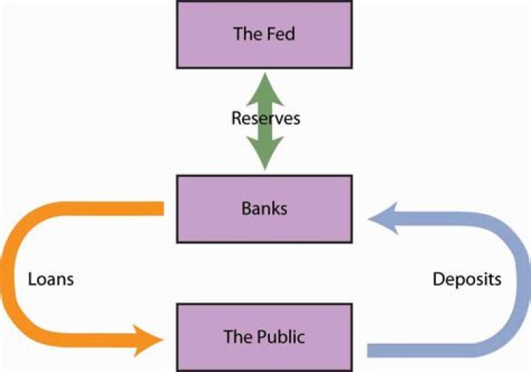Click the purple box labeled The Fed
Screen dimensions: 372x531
point(264,34)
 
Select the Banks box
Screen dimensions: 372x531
point(264,208)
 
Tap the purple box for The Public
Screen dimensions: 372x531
point(264,337)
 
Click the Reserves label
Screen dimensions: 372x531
point(265,118)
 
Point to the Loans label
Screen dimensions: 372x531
point(51,280)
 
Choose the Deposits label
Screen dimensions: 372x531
point(467,280)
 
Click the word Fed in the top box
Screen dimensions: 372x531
point(282,34)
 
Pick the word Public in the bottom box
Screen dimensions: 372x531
point(277,337)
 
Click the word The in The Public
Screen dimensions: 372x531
point(235,337)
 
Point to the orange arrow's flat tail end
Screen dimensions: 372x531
point(159,209)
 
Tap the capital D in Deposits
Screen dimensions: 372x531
point(437,280)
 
